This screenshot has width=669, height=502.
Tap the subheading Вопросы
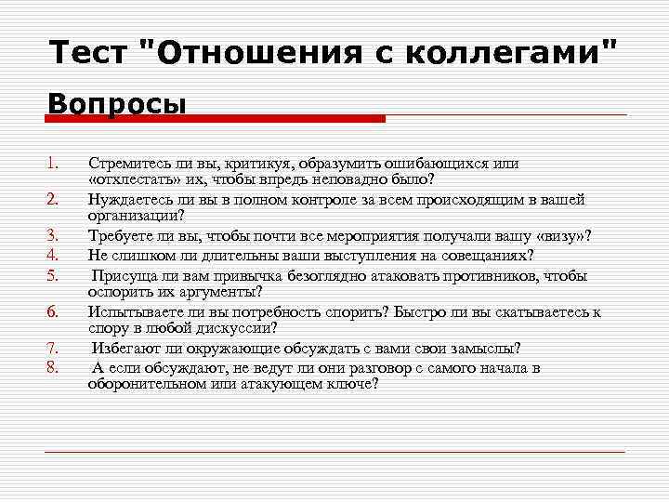tap(117, 102)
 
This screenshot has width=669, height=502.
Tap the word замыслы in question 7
tap(483, 349)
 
